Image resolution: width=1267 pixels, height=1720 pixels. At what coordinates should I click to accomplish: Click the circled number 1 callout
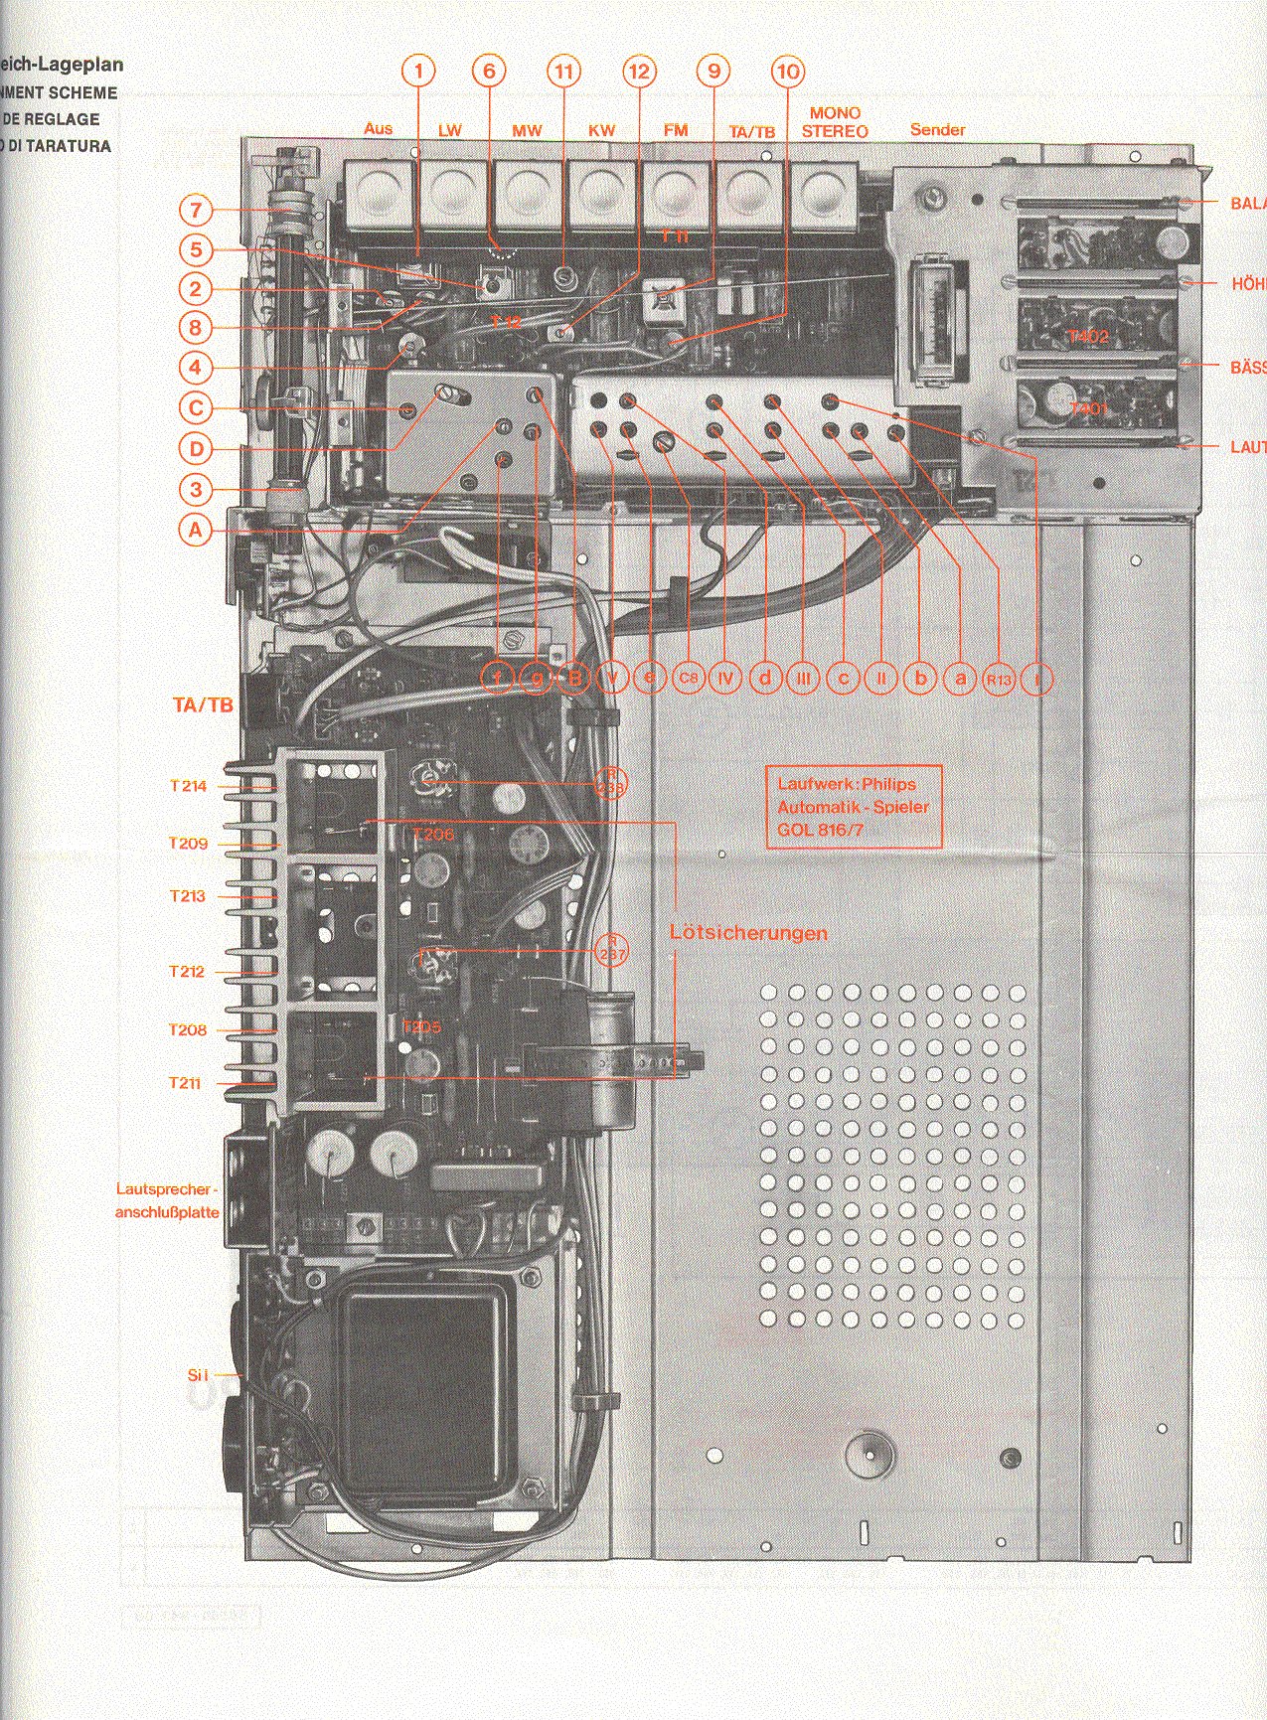click(x=418, y=71)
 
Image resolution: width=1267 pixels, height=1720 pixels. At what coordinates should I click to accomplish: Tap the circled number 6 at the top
click(x=488, y=71)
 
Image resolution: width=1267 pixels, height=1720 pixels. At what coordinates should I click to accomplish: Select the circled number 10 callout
click(x=787, y=71)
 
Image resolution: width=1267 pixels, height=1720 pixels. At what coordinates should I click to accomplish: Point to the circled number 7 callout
click(x=197, y=211)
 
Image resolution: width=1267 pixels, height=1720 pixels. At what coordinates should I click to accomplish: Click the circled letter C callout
click(x=197, y=407)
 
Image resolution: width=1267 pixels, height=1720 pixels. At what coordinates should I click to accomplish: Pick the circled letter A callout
click(x=197, y=530)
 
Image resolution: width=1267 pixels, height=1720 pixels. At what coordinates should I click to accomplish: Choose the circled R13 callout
click(x=998, y=679)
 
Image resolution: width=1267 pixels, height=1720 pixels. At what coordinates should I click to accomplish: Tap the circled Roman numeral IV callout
click(x=726, y=679)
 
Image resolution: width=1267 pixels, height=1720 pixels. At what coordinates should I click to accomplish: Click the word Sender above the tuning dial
click(x=937, y=130)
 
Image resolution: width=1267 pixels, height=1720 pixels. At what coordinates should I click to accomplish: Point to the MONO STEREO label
click(x=835, y=122)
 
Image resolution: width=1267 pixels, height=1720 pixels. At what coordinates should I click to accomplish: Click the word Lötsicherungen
click(x=748, y=933)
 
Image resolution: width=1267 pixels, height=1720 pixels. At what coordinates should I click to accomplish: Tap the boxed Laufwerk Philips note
click(x=854, y=806)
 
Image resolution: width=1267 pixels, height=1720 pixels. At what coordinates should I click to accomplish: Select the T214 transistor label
click(x=188, y=786)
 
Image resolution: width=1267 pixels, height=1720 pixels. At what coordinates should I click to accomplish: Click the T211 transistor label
click(x=185, y=1083)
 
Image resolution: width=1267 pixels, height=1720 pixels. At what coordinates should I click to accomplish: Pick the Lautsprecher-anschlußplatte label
click(x=167, y=1200)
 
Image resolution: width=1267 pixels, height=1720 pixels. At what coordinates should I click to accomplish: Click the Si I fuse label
click(x=198, y=1375)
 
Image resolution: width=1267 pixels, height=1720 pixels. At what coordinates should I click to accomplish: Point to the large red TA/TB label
click(x=203, y=705)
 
